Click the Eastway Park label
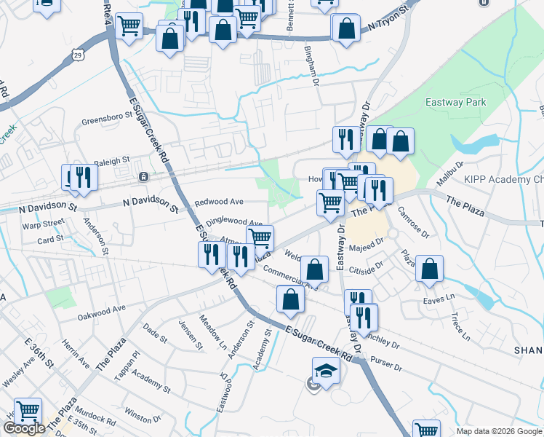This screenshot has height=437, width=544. tap(456, 103)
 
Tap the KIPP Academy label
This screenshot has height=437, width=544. tap(503, 179)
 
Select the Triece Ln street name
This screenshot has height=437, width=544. tap(460, 325)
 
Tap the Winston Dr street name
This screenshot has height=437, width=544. tap(142, 415)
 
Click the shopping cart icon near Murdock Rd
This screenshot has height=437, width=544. tap(28, 412)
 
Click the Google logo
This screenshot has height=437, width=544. tap(25, 428)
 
